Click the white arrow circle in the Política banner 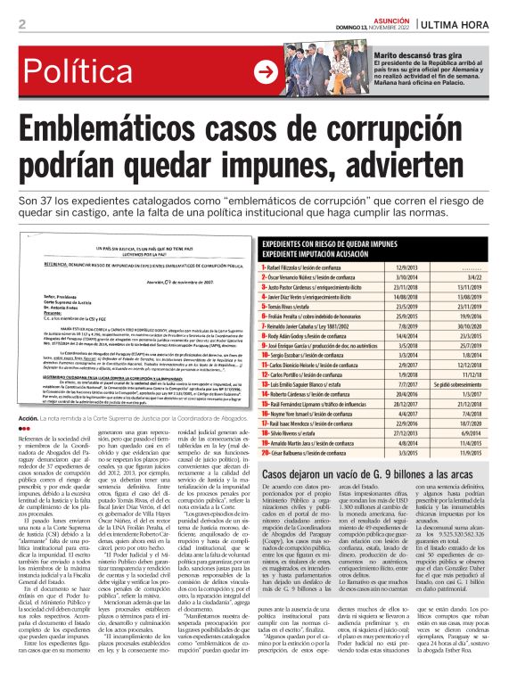[x=265, y=72]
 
